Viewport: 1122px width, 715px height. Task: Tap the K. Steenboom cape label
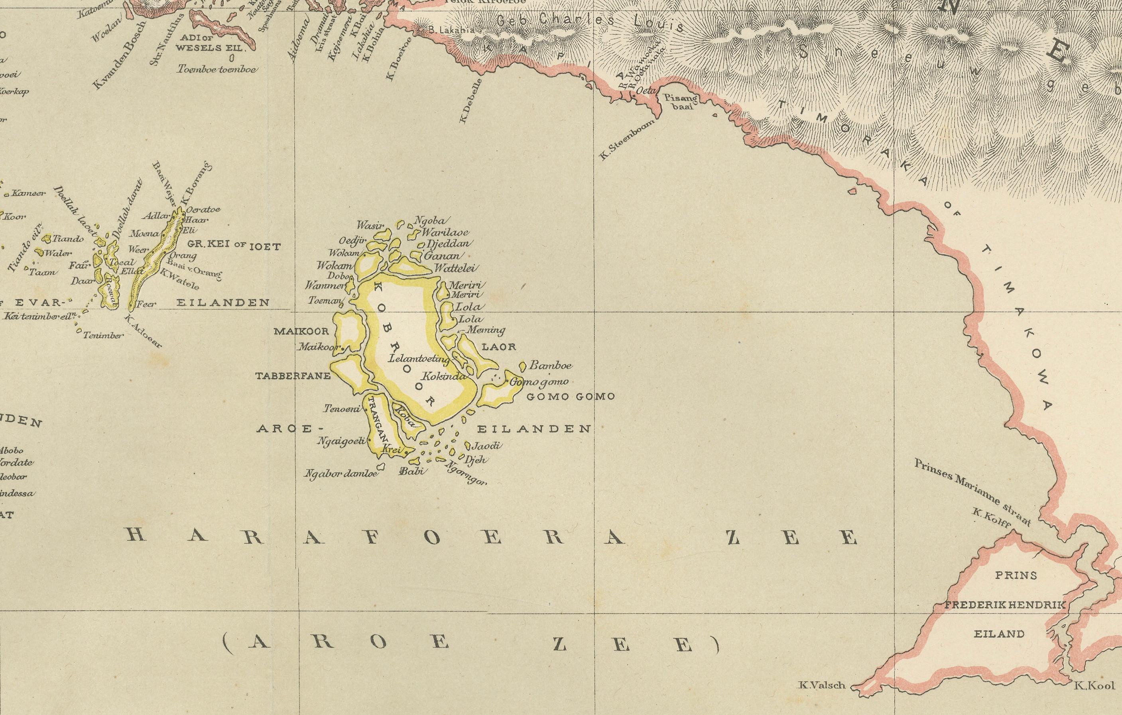627,138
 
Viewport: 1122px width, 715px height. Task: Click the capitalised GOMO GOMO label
570,397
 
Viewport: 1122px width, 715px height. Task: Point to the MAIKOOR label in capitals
301,331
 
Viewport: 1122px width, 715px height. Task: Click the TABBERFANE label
293,375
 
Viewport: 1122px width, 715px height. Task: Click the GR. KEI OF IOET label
233,246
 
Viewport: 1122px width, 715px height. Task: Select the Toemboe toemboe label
217,69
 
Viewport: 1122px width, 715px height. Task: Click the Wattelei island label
456,269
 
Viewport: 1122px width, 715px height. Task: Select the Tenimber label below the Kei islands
103,335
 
